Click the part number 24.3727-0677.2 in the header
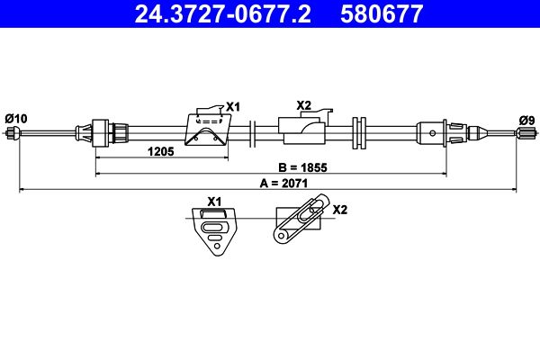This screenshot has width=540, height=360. tap(222, 14)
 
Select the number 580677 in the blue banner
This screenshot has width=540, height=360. tap(382, 14)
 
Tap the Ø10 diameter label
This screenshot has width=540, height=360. tap(16, 119)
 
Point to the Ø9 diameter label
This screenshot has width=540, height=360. tap(526, 121)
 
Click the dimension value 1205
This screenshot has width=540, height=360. tap(161, 151)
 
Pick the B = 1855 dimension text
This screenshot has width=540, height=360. tap(302, 167)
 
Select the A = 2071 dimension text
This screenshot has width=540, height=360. tap(283, 184)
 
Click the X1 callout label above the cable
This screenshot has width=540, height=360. tap(233, 107)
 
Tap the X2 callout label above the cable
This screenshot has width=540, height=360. tap(304, 105)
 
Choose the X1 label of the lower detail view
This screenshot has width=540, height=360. tap(214, 202)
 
